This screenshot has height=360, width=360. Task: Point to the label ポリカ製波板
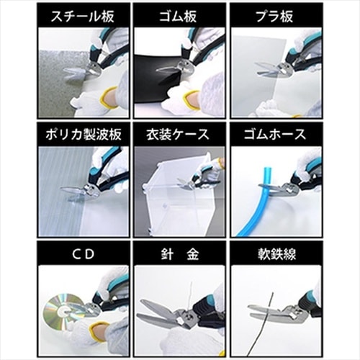coord(84,134)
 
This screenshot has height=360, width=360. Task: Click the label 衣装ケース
coord(179,134)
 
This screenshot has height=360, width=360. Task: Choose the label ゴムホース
coord(276,134)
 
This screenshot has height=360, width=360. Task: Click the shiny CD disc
coord(60,307)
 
